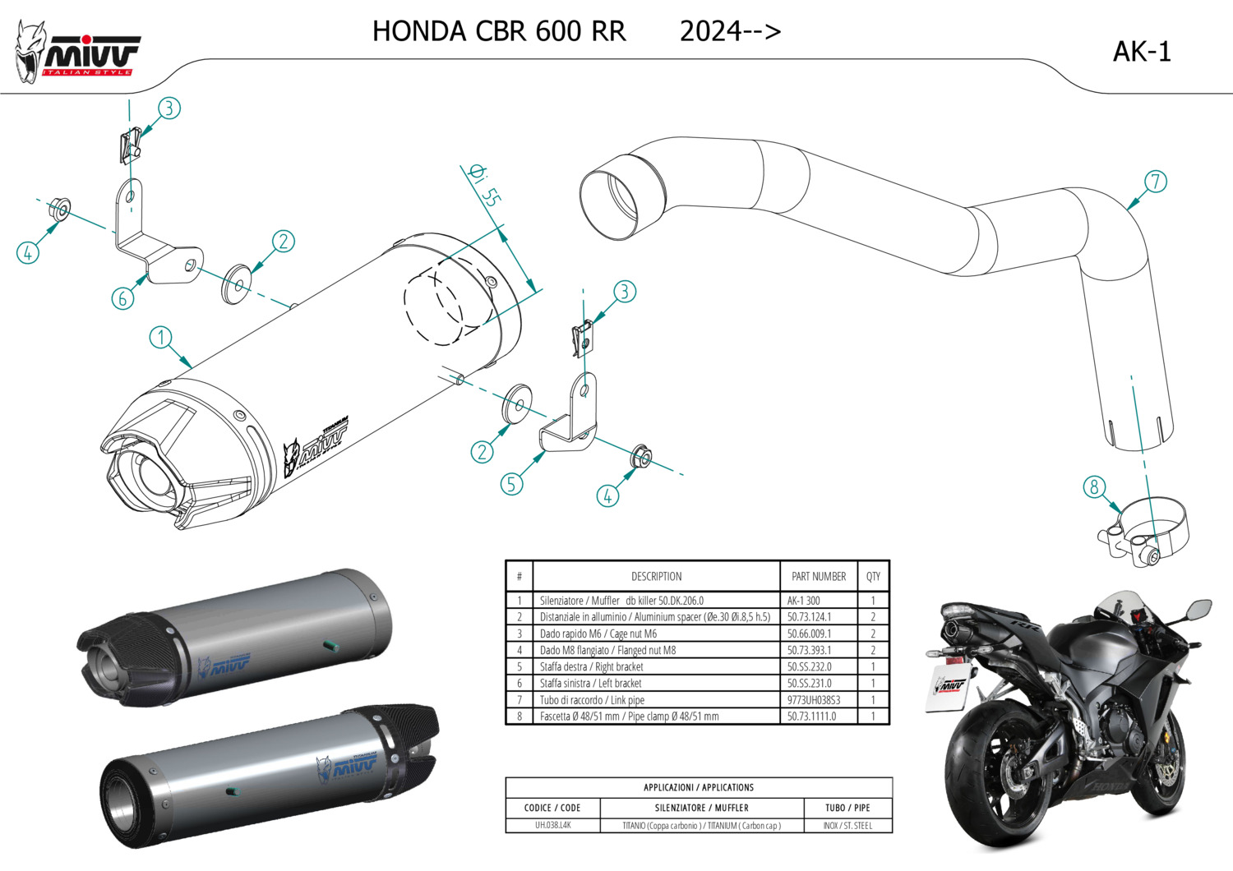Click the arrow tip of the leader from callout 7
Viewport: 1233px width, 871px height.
point(1126,210)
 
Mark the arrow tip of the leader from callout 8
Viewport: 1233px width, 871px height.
point(1122,513)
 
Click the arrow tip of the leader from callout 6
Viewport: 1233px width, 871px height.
point(148,274)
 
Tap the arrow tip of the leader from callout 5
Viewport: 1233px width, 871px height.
point(546,451)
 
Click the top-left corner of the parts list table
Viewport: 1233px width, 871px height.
point(506,560)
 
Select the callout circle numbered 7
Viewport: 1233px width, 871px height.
point(1156,182)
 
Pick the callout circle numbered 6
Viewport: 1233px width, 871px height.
point(122,298)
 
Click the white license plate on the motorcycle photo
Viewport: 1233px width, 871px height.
point(949,687)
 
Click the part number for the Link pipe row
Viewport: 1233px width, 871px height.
point(814,700)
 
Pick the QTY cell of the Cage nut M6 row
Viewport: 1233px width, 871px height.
point(873,634)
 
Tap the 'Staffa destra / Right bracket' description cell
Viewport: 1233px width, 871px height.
point(656,666)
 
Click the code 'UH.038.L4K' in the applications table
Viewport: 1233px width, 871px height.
point(552,825)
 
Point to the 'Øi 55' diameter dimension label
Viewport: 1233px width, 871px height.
point(484,186)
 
